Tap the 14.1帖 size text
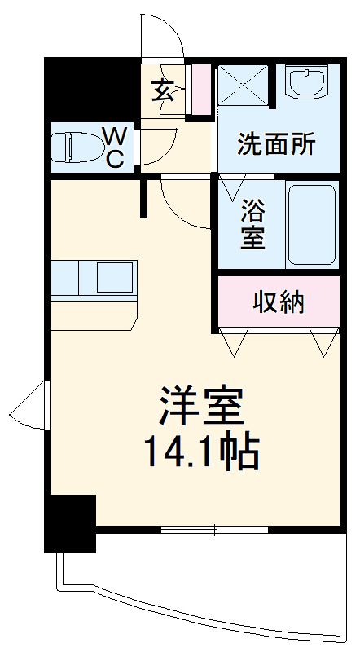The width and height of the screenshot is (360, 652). (201, 451)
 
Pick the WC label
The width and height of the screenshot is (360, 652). (115, 147)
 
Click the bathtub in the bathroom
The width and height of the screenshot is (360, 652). (311, 224)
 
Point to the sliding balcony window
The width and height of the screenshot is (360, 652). (214, 531)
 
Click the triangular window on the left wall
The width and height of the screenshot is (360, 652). (33, 405)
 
